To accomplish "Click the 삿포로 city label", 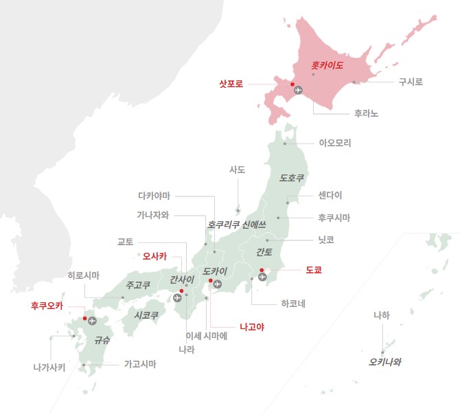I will (231, 84).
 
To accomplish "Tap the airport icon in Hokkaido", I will (298, 89).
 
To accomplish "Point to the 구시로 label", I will (411, 82).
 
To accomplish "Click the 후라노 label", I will (366, 113).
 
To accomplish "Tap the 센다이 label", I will (330, 194).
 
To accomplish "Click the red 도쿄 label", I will (314, 270).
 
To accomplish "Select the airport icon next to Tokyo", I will (263, 278).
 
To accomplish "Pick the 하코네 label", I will (293, 302).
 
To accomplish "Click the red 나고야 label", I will (251, 327).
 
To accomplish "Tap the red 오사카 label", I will (154, 257).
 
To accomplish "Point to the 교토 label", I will (126, 241).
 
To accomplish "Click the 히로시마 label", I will (83, 275).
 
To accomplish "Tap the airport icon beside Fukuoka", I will (92, 321).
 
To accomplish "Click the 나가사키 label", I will (49, 367).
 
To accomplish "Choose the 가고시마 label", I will (140, 364).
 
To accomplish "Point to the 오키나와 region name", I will (384, 361).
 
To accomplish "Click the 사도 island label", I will (237, 170).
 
